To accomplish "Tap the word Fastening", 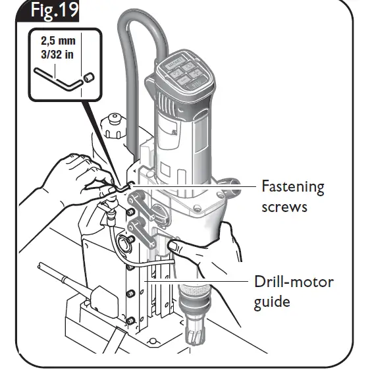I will (x=293, y=187).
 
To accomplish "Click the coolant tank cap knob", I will (x=113, y=123).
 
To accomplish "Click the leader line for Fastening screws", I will (x=198, y=187).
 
